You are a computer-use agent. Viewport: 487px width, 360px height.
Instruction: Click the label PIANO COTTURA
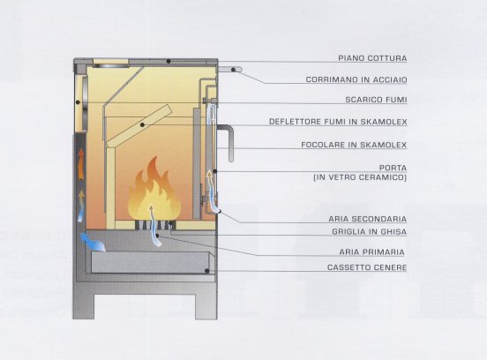point(372,58)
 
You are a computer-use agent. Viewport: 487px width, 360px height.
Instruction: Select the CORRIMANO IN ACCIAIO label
point(356,79)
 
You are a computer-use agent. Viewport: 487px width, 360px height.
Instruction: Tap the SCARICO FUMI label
point(376,100)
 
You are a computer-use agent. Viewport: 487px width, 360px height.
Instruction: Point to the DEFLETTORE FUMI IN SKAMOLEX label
point(338,122)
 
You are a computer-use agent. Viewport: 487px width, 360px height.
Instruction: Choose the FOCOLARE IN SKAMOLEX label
point(354,145)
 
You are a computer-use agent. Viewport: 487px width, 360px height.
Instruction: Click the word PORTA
point(393,168)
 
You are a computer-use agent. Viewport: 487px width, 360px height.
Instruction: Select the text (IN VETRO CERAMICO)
point(360,177)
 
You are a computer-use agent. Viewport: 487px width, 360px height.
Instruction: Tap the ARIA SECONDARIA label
point(367,219)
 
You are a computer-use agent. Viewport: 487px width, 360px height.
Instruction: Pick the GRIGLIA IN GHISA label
point(370,232)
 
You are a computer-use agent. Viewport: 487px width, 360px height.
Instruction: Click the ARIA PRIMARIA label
point(371,251)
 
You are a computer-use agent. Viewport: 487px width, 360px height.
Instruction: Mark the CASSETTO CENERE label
point(367,267)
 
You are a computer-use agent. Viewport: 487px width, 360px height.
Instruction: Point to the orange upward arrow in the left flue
point(81,164)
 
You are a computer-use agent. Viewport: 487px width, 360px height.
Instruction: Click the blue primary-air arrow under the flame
point(154,225)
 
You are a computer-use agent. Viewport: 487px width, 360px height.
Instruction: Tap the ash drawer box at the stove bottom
point(150,262)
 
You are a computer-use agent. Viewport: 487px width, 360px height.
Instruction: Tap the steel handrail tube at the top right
point(230,70)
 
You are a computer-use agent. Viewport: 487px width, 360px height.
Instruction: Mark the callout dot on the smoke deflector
point(142,125)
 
